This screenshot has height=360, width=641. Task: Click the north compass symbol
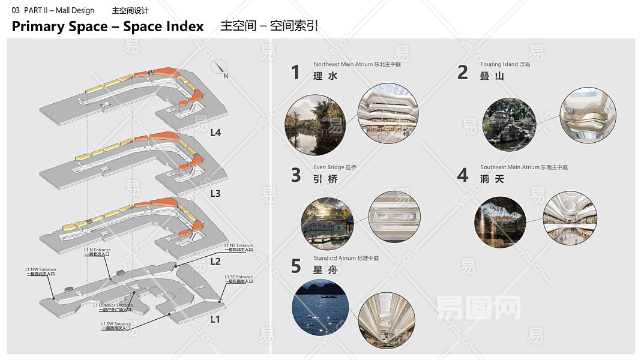220,68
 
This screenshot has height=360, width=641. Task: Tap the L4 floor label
215,133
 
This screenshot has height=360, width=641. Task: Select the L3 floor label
215,194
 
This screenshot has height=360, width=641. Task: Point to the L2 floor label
215,262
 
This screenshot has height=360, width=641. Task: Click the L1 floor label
215,319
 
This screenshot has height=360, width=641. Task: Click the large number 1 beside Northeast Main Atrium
295,73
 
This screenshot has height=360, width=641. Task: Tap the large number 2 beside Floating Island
462,73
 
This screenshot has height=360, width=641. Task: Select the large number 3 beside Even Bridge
296,175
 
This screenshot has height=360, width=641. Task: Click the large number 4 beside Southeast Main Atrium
462,175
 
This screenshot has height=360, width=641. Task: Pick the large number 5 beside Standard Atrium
296,266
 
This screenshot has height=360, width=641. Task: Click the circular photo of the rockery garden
509,124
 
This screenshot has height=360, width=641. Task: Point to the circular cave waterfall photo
500,222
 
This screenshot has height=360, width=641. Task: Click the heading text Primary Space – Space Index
108,26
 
